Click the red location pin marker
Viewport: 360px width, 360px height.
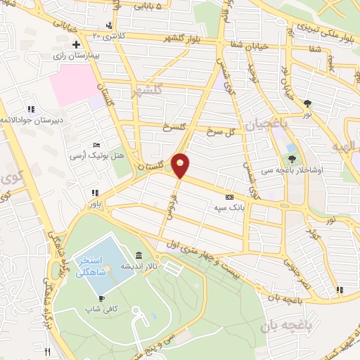tap(181, 164)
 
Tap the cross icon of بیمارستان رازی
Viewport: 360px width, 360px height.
tap(76, 44)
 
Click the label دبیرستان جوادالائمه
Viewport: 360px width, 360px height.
tap(35, 120)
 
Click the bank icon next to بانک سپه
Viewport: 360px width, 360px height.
tap(230, 198)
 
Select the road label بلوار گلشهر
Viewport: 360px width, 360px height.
tap(195, 39)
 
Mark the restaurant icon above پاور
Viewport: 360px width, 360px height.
tap(93, 193)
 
